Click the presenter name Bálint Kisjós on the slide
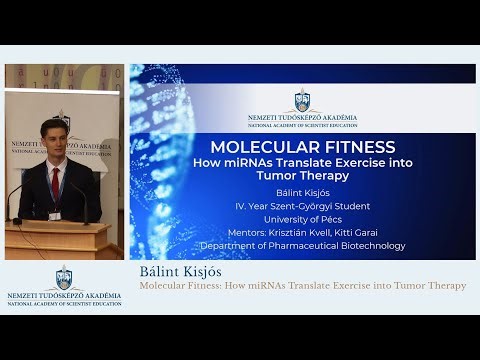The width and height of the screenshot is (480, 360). point(302,192)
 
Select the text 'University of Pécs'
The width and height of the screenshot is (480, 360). point(302,219)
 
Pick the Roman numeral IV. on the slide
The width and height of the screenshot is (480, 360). point(241,206)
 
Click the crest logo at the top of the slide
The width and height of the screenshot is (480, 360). point(302,100)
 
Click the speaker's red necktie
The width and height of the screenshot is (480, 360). point(56,179)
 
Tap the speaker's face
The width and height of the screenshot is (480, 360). point(55,136)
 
